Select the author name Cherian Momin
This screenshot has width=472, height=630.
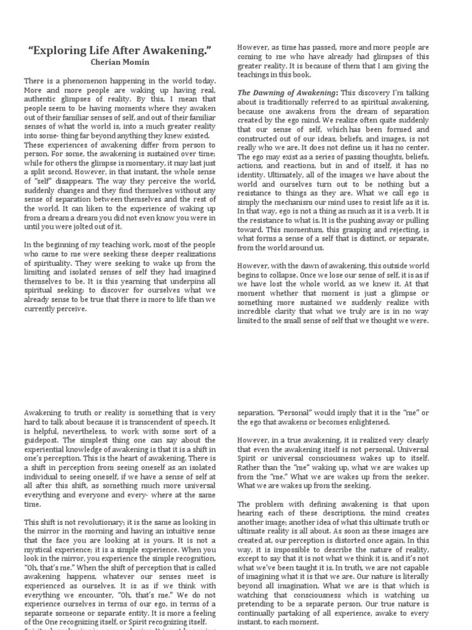[120, 62]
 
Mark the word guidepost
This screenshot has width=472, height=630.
[47, 440]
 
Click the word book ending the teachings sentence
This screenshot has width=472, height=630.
[303, 74]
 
